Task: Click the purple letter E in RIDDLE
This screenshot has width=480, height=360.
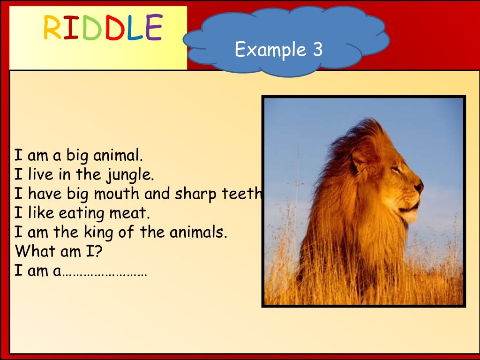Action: pos(153,27)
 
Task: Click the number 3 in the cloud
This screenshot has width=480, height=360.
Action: pos(317,49)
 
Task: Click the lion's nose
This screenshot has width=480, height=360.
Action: pos(419,187)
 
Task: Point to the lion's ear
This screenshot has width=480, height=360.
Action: pos(360,159)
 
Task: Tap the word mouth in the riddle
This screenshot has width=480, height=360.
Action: pos(125,194)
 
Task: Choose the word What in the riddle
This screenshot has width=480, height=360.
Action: pos(34,251)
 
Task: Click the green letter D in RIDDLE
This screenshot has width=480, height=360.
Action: pos(92,28)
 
